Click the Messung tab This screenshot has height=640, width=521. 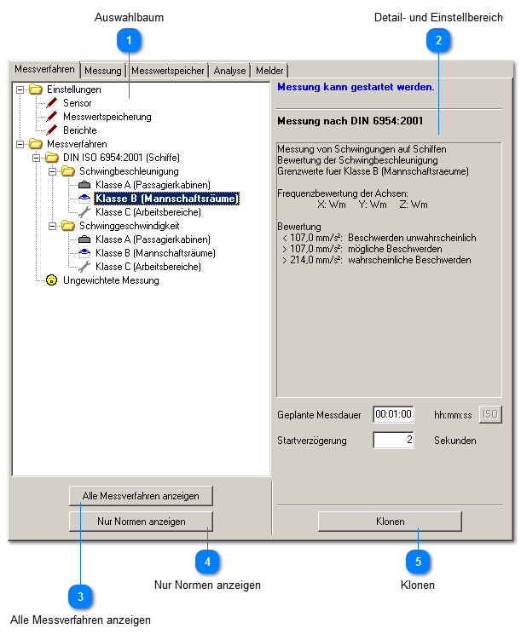(x=103, y=71)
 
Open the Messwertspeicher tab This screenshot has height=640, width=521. (x=166, y=71)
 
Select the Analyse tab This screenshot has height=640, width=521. (x=230, y=71)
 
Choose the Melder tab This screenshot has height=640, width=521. (x=269, y=71)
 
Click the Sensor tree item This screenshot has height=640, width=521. (x=77, y=103)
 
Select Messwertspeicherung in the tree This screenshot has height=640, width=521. (x=107, y=117)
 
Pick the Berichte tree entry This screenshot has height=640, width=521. (x=79, y=130)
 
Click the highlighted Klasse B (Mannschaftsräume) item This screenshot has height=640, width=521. (x=166, y=199)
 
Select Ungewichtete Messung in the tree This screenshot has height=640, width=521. (x=111, y=280)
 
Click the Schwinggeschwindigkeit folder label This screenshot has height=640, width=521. (x=129, y=226)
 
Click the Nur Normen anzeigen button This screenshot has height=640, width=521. (x=141, y=521)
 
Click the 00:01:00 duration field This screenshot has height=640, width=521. (x=393, y=415)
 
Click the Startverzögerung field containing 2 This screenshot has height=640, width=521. (x=393, y=441)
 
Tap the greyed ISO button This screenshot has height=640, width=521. (x=490, y=415)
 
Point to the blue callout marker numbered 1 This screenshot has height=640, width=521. (x=130, y=39)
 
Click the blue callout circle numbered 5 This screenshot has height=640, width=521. (x=418, y=562)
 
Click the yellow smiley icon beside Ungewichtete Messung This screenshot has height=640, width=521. (x=52, y=280)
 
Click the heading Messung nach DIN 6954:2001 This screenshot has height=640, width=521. (x=350, y=120)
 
